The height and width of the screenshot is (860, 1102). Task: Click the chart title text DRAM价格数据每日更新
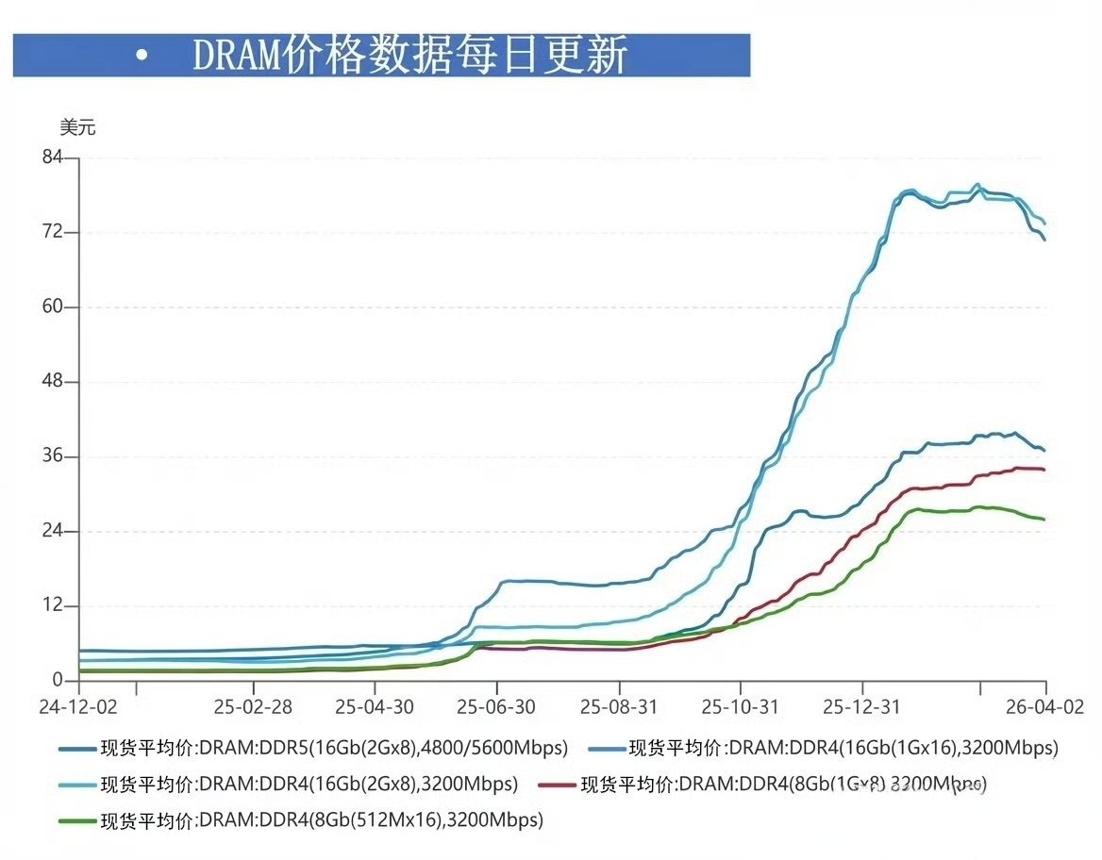click(x=409, y=56)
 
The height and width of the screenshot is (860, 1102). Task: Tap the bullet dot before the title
click(x=142, y=57)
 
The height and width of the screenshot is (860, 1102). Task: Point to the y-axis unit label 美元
click(x=77, y=128)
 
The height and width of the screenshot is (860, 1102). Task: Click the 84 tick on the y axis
click(x=52, y=157)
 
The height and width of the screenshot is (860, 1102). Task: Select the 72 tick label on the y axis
click(x=52, y=232)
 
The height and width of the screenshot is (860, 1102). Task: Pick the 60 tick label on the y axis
click(x=52, y=306)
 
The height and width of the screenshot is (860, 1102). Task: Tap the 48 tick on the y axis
click(x=52, y=382)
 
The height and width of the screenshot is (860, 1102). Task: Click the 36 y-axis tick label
click(x=52, y=456)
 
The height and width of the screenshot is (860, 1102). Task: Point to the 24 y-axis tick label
click(x=52, y=531)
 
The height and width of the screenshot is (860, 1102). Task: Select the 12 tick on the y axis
click(x=52, y=605)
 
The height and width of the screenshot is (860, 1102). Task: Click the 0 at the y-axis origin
click(x=57, y=680)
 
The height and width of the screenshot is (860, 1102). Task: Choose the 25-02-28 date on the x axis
click(x=253, y=705)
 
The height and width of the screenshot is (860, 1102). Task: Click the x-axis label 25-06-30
click(x=497, y=705)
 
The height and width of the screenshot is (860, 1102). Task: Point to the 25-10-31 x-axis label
click(x=741, y=705)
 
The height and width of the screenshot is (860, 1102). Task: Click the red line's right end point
click(x=1044, y=469)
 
